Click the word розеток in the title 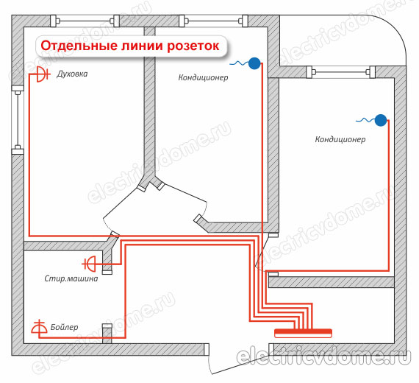click(x=193, y=46)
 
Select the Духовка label click(x=72, y=74)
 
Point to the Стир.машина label click(x=71, y=278)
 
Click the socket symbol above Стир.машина click(x=89, y=264)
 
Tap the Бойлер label click(x=64, y=327)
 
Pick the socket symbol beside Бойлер click(x=39, y=327)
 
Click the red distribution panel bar click(x=304, y=333)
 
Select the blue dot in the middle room click(x=254, y=63)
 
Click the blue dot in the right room click(x=381, y=120)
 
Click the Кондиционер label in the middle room click(x=203, y=77)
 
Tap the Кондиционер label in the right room click(x=340, y=139)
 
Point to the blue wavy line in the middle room click(x=239, y=63)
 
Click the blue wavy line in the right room click(x=365, y=120)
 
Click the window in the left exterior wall click(x=18, y=120)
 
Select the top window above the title click(x=85, y=21)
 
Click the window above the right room click(x=340, y=72)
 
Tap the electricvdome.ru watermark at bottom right click(x=323, y=356)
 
